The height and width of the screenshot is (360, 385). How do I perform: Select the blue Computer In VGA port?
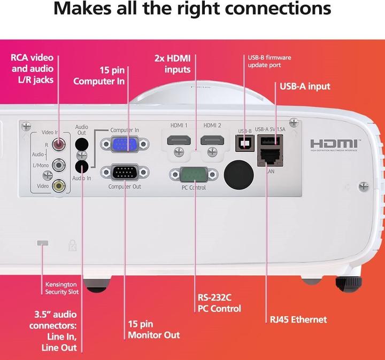[x=125, y=145]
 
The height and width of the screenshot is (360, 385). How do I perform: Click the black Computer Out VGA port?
[x=125, y=173]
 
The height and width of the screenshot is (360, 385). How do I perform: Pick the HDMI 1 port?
[x=179, y=141]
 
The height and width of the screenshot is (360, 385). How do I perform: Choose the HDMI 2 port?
[x=212, y=141]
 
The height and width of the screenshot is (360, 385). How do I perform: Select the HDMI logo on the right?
[x=335, y=144]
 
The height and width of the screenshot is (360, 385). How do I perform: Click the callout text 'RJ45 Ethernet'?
[x=298, y=319]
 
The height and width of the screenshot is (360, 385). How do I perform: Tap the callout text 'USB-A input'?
[x=305, y=86]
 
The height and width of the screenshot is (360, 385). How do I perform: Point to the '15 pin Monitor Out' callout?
[x=153, y=330]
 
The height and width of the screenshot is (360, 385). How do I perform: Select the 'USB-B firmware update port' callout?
[x=269, y=61]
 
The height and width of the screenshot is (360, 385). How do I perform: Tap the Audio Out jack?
[x=82, y=144]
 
